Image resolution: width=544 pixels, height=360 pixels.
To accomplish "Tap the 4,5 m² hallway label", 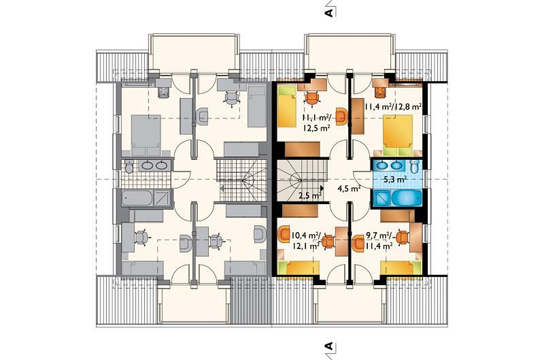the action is click(349, 189).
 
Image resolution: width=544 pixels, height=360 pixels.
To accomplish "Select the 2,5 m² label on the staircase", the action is click(309, 196).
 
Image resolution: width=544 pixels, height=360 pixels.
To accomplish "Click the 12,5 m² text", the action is click(316, 128).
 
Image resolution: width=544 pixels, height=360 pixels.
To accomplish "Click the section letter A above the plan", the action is click(329, 12).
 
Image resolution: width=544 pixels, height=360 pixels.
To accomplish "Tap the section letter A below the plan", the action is click(329, 346).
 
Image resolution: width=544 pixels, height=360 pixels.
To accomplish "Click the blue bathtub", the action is click(406, 198).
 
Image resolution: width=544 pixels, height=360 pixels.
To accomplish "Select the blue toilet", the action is click(415, 167).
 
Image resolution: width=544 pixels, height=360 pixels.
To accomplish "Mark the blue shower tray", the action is click(381, 198).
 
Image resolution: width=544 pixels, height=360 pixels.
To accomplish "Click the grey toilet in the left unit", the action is click(129, 167).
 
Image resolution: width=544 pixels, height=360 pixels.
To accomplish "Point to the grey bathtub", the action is click(137, 198).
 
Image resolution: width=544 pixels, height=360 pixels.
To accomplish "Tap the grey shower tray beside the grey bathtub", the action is click(162, 198).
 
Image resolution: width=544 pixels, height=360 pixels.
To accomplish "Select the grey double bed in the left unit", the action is click(146, 135).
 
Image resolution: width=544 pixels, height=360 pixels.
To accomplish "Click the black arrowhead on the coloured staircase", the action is click(322, 189).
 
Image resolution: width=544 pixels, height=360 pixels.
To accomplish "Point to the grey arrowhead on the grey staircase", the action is click(222, 189).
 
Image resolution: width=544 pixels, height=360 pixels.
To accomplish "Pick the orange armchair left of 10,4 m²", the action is click(284, 233).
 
